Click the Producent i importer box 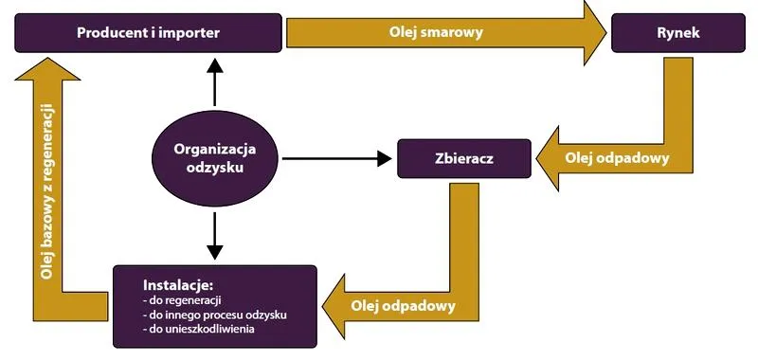[148, 32]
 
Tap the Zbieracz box [464, 157]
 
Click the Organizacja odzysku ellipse [217, 157]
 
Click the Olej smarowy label [436, 32]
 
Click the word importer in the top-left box [189, 32]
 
